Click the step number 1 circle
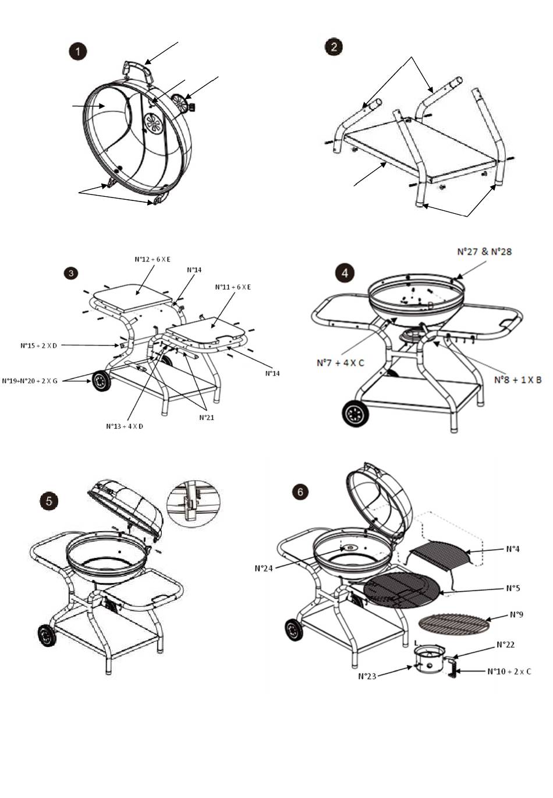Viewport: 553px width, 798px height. tap(77, 51)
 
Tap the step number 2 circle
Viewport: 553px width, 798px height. tap(333, 47)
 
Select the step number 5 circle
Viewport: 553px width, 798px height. tap(49, 500)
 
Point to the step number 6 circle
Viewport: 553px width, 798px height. tap(300, 492)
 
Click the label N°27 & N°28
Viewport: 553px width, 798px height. tap(484, 252)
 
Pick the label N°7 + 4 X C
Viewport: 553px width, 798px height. tap(341, 363)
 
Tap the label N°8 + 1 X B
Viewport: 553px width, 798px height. tap(518, 380)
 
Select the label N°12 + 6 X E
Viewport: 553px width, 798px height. tap(153, 259)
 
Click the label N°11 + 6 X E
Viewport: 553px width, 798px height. tap(233, 287)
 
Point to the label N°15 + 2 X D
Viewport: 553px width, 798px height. tap(39, 345)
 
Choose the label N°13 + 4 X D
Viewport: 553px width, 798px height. tap(125, 426)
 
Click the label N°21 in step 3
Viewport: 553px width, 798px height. tap(207, 417)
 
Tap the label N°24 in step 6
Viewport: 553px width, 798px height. tap(264, 568)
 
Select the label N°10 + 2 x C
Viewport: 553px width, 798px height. tap(509, 671)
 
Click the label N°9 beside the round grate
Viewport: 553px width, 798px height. tap(516, 615)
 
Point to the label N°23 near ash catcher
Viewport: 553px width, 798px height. tap(368, 676)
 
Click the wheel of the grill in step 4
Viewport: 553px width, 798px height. tap(355, 414)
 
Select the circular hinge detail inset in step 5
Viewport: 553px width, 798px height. tap(194, 503)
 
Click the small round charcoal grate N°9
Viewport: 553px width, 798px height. tap(455, 625)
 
